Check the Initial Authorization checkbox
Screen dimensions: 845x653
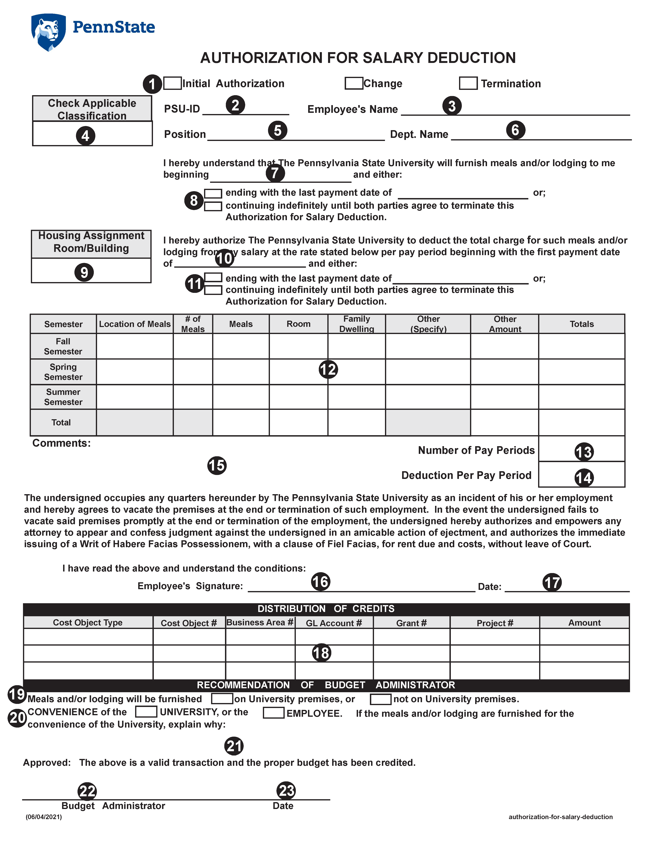point(173,83)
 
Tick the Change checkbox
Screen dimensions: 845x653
point(354,83)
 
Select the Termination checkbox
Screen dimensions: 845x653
point(468,83)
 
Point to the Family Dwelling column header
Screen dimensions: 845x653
point(356,324)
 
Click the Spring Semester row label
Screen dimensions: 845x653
point(63,372)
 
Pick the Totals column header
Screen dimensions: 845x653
point(581,324)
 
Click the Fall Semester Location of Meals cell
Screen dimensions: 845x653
point(135,346)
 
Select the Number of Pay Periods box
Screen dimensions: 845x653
point(581,449)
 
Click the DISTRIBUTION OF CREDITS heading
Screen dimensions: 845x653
point(326,609)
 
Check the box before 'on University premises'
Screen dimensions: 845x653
point(222,699)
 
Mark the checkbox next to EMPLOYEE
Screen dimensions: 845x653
point(274,713)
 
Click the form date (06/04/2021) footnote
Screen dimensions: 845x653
point(44,817)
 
